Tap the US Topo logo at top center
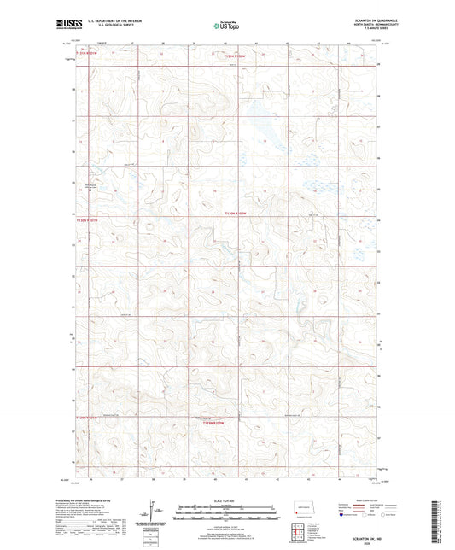point(227,26)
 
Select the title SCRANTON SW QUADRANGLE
point(353,21)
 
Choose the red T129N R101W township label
point(88,418)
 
